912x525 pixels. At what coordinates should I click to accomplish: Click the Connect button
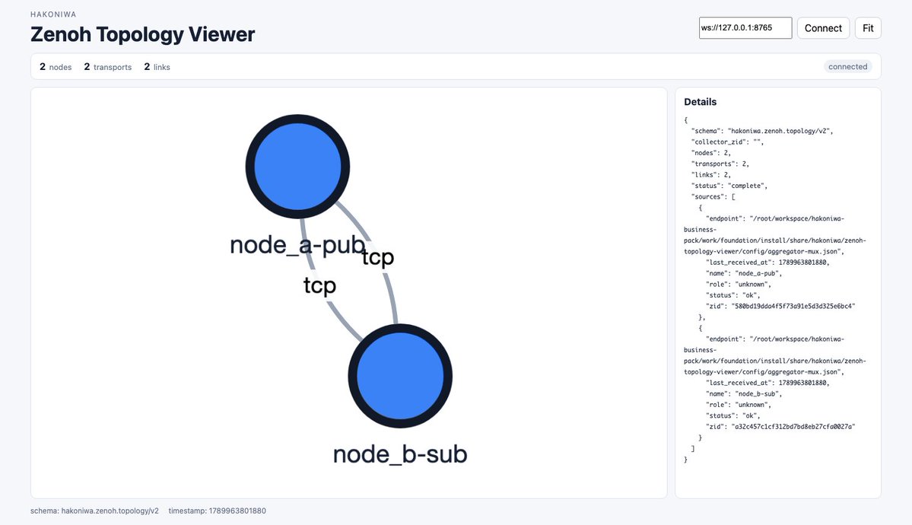coord(823,28)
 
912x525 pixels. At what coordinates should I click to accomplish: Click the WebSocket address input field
coord(745,28)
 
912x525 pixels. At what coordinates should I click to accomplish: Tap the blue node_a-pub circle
coord(297,167)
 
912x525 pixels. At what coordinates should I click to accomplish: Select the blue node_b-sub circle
coord(400,376)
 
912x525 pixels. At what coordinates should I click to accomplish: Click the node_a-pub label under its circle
coord(297,244)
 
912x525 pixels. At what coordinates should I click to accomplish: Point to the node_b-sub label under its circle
coord(400,454)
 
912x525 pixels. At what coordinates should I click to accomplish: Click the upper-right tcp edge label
coord(378,256)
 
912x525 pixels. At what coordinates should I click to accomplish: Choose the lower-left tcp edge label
coord(319,285)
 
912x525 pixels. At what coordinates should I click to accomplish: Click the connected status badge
coord(847,66)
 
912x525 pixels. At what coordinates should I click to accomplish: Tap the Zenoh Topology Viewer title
coord(142,34)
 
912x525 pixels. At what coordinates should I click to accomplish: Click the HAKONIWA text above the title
coord(53,14)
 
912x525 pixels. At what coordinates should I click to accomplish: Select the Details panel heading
coord(701,102)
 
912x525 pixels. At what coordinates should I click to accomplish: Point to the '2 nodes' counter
coord(56,67)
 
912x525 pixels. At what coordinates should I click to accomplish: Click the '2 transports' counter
coord(107,67)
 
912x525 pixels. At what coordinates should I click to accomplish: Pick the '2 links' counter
coord(157,67)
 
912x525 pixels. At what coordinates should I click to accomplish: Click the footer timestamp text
coord(217,511)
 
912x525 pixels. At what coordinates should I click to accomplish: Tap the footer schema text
coord(94,511)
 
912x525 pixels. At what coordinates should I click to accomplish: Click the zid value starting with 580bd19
coord(793,306)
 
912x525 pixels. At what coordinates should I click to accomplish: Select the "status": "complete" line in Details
coord(729,186)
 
